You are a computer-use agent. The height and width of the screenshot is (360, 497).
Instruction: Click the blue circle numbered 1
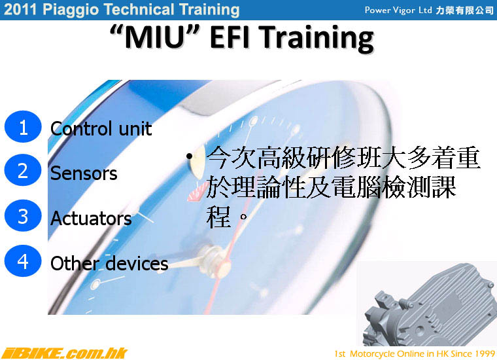coord(23,126)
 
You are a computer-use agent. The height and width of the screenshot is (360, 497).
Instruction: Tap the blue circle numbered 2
coord(23,170)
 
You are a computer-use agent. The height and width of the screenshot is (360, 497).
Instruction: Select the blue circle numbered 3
coord(23,215)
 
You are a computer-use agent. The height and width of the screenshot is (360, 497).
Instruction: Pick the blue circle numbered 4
coord(23,261)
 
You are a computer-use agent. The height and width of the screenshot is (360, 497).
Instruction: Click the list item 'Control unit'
coord(101,128)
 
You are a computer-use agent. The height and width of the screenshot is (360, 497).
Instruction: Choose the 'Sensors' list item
coord(84,173)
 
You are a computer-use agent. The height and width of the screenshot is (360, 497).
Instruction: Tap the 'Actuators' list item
coord(91,218)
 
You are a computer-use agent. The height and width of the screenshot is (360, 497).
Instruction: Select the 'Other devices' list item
coord(109,263)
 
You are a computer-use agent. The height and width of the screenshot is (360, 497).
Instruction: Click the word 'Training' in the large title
coord(318,39)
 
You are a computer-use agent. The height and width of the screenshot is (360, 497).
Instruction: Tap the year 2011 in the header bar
coord(20,9)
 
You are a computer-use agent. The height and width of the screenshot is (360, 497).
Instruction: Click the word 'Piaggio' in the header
coord(71,10)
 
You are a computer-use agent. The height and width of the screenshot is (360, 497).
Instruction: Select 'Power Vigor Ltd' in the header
coord(398,10)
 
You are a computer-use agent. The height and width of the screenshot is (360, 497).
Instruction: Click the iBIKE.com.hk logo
coord(64,353)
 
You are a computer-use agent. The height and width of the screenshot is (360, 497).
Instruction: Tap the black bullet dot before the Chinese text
coord(189,156)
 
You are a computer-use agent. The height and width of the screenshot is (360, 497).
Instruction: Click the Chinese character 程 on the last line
coord(218,217)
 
